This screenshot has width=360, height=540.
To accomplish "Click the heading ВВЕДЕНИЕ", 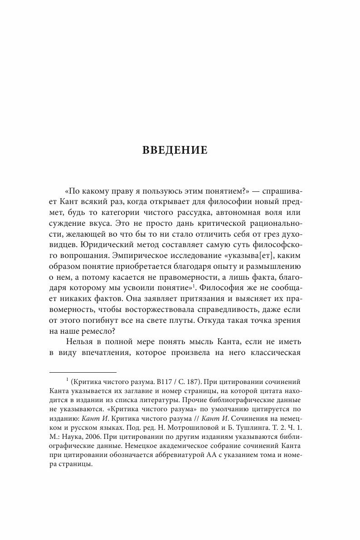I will tap(175, 150).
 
